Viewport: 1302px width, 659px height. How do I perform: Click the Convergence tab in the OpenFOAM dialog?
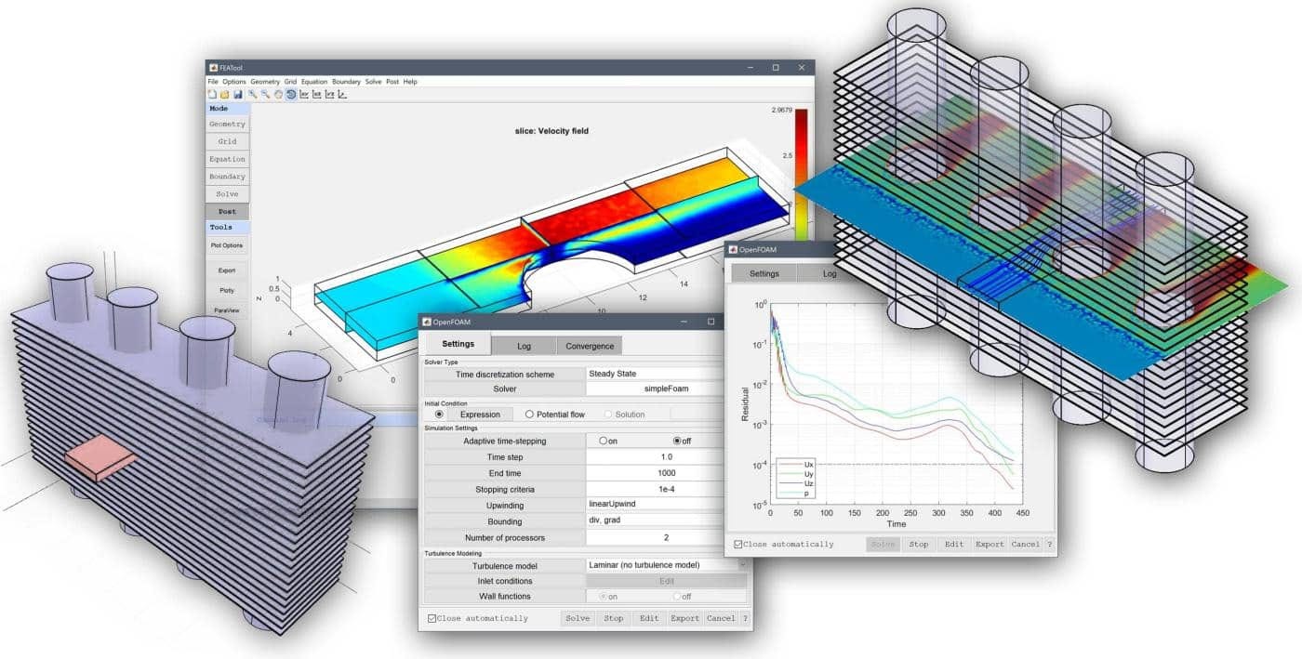pyautogui.click(x=590, y=346)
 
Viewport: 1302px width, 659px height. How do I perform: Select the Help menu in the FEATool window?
pyautogui.click(x=410, y=82)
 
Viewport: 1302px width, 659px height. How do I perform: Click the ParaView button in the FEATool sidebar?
pyautogui.click(x=226, y=310)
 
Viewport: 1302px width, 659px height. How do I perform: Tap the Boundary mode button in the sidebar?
pyautogui.click(x=227, y=177)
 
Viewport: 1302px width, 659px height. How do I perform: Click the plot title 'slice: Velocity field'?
pyautogui.click(x=551, y=131)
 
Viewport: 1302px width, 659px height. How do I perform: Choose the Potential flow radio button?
pyautogui.click(x=530, y=415)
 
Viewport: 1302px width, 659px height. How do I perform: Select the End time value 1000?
pyautogui.click(x=666, y=473)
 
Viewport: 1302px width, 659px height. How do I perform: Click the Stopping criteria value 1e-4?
pyautogui.click(x=666, y=489)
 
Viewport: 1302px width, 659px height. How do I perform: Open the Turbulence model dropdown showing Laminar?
pyautogui.click(x=666, y=565)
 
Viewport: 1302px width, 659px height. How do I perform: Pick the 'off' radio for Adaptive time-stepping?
pyautogui.click(x=678, y=441)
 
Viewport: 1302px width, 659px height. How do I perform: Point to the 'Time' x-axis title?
pyautogui.click(x=896, y=524)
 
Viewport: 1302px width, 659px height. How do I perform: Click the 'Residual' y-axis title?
pyautogui.click(x=745, y=405)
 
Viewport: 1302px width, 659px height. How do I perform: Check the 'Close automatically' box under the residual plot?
pyautogui.click(x=738, y=545)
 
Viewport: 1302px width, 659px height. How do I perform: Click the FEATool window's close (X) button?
pyautogui.click(x=801, y=68)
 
